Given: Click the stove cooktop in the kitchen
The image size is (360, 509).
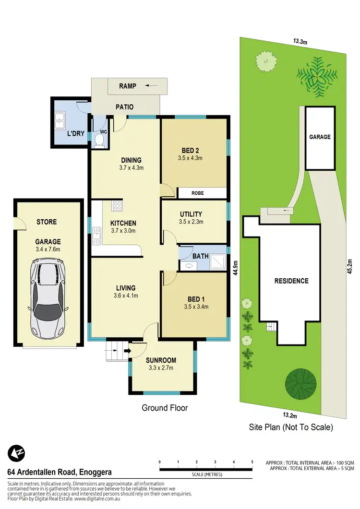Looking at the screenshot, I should pyautogui.click(x=117, y=206).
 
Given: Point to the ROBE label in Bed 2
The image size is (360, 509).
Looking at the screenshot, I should pyautogui.click(x=198, y=193).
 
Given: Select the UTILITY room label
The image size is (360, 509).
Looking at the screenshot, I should pyautogui.click(x=191, y=214).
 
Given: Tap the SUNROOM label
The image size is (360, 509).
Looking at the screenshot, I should pyautogui.click(x=161, y=360).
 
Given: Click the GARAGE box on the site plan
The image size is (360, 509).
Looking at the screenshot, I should pyautogui.click(x=320, y=137).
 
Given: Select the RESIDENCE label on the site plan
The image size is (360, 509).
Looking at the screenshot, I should pyautogui.click(x=291, y=281).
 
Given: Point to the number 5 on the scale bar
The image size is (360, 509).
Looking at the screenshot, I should pyautogui.click(x=252, y=462).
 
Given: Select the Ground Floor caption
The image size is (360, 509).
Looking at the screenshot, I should pyautogui.click(x=165, y=408).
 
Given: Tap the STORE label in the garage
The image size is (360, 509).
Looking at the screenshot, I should pyautogui.click(x=47, y=222).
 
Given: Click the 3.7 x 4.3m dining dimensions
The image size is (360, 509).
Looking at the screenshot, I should pyautogui.click(x=131, y=168).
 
